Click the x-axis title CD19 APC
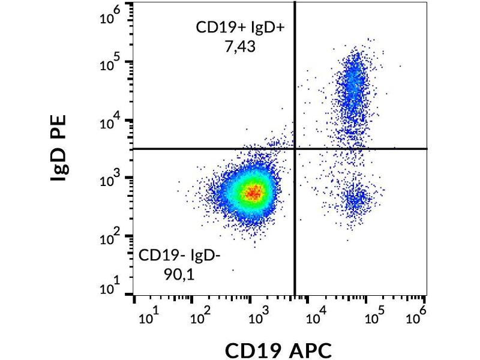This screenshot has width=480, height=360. (x=278, y=349)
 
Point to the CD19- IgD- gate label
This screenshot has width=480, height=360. (x=180, y=256)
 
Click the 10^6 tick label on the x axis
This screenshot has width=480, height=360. (x=420, y=312)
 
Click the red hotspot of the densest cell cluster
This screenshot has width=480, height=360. (x=253, y=193)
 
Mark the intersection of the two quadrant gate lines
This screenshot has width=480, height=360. (x=295, y=148)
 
